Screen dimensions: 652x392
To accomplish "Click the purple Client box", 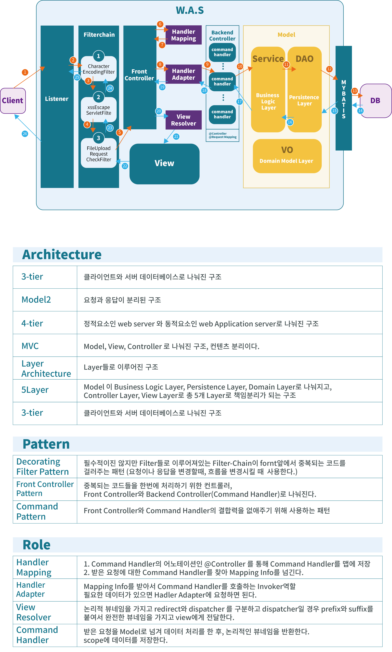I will pyautogui.click(x=13, y=101).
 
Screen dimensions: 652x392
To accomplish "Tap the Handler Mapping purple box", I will pyautogui.click(x=184, y=35).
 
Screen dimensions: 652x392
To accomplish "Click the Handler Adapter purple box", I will pyautogui.click(x=184, y=74).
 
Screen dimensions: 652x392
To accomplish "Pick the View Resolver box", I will pyautogui.click(x=184, y=120).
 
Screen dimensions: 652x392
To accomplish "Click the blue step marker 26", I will pyautogui.click(x=25, y=134).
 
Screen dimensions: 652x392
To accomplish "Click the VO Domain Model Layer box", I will pyautogui.click(x=287, y=156).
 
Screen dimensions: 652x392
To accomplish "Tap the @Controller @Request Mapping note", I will pyautogui.click(x=222, y=135).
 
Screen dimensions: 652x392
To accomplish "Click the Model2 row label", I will pyautogui.click(x=36, y=300).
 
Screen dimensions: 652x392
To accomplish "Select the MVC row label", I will pyautogui.click(x=30, y=346).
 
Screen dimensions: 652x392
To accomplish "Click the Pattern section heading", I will pyautogui.click(x=46, y=444).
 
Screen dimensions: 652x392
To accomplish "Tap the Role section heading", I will pyautogui.click(x=37, y=545).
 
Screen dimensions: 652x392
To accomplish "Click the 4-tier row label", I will pyautogui.click(x=32, y=323).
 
